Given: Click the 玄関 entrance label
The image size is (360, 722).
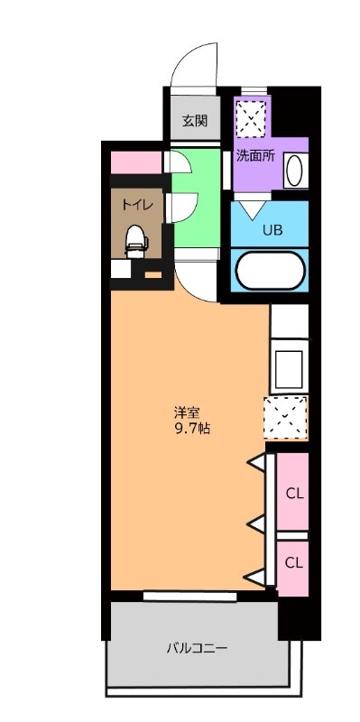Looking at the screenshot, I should [x=195, y=121].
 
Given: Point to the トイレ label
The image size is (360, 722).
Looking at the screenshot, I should [x=137, y=205].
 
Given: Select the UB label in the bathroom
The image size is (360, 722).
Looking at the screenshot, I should [x=272, y=229].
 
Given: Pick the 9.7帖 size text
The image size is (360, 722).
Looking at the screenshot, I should [x=192, y=429].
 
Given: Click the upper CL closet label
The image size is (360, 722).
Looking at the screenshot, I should [x=294, y=493].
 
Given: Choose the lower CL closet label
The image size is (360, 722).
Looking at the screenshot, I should [x=294, y=561].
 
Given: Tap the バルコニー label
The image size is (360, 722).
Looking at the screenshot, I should [x=196, y=647].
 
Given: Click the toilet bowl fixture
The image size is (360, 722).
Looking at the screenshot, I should [x=136, y=240].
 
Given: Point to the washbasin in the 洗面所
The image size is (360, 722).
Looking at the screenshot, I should [x=294, y=170].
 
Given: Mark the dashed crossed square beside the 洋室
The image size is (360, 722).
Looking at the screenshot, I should [x=286, y=418].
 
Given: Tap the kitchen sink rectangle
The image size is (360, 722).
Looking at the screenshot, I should [x=288, y=367].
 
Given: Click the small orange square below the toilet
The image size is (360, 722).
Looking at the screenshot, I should [x=153, y=273].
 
